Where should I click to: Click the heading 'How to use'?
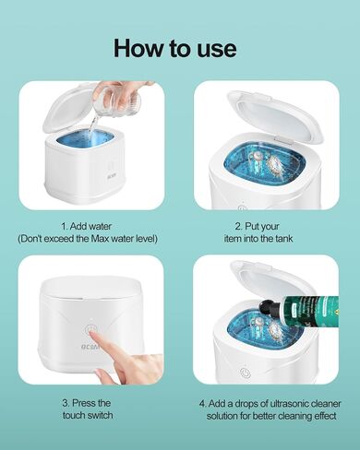[x=175, y=48]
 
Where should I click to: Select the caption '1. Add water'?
[x=86, y=227]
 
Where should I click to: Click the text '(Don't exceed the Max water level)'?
[x=88, y=239]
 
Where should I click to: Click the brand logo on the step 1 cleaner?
[x=110, y=178]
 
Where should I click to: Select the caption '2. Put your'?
[x=257, y=227]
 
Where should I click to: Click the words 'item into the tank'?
[x=258, y=239]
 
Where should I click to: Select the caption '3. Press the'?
[x=87, y=403]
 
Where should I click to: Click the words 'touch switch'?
[x=88, y=415]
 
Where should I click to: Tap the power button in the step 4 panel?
[x=245, y=372]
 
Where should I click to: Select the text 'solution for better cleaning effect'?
[x=271, y=416]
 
